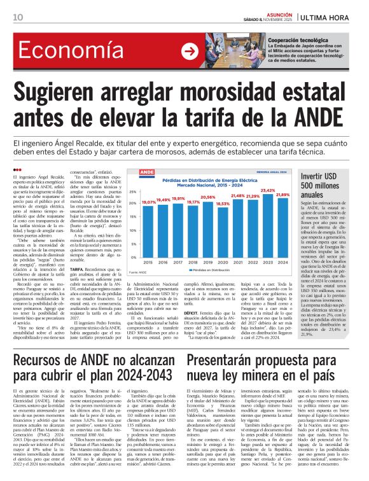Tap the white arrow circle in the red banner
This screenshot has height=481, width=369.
[x=190, y=52]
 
